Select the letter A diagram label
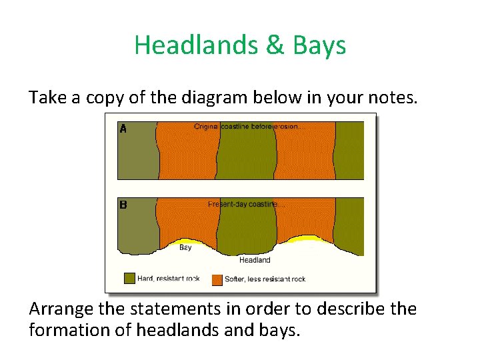coord(123,129)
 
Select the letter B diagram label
coord(123,205)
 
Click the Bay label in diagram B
coord(185,247)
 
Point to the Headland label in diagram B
coord(255,260)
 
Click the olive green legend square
coord(129,279)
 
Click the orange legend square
coord(217,279)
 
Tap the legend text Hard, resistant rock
coord(168,279)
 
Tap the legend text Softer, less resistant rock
coord(265,279)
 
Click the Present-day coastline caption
coord(242,204)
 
